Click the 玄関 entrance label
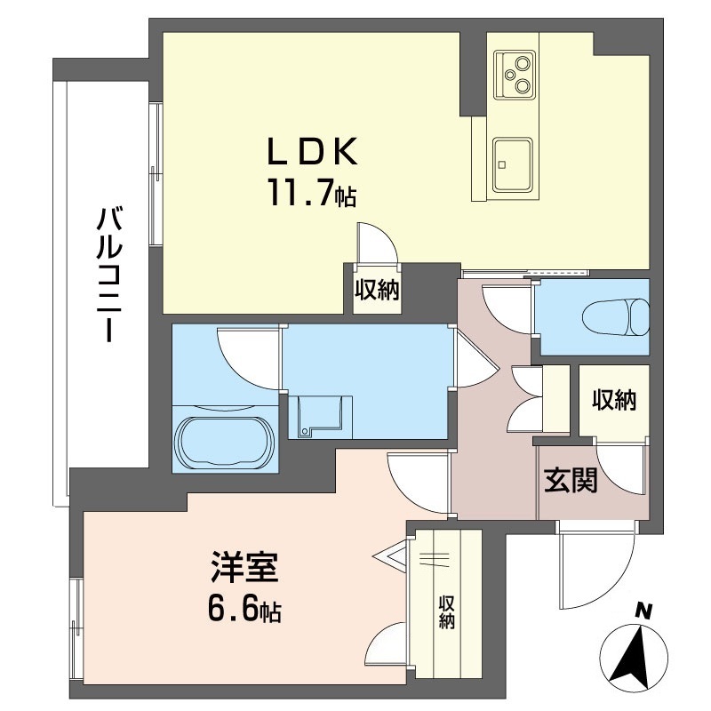coord(570,481)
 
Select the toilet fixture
coord(613,316)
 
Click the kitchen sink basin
coord(515,164)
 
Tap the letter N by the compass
coord(644,611)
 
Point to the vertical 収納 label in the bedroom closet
coord(446,611)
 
